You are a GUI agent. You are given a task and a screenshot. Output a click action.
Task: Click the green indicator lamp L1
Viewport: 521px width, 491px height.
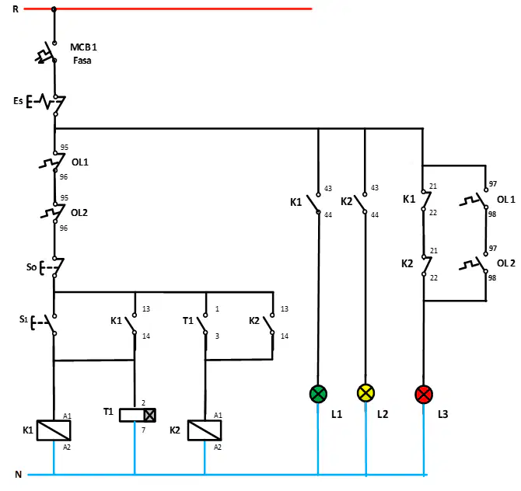tap(318, 394)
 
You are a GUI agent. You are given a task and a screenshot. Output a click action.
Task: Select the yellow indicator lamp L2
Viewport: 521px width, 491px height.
tap(365, 393)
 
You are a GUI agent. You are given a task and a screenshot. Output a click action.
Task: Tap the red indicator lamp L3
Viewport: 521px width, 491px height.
tap(424, 395)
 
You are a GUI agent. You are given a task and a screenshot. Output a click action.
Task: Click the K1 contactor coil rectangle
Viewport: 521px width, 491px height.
tap(54, 430)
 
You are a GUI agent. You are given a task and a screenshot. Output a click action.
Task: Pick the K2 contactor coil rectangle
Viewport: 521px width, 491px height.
tap(205, 430)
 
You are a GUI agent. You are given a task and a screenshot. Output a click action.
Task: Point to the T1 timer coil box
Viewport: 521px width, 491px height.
tap(137, 415)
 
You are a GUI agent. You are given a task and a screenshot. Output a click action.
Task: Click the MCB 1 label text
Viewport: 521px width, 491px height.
tap(83, 47)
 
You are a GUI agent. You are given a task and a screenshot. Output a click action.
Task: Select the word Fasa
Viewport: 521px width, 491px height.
tap(82, 61)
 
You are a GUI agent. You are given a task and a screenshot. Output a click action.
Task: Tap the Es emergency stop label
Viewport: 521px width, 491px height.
tap(18, 100)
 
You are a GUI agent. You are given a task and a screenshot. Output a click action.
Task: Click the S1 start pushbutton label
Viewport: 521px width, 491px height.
tap(23, 319)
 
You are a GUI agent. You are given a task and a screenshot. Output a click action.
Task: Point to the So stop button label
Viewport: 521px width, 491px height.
tap(31, 267)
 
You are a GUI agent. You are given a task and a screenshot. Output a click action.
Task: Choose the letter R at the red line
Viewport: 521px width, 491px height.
tap(16, 9)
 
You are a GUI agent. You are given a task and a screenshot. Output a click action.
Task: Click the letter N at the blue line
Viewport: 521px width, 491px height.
tap(19, 475)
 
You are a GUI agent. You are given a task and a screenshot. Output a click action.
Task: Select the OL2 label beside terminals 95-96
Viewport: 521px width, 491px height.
tap(79, 212)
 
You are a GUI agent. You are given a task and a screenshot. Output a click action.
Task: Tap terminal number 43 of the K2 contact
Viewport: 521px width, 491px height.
tap(375, 187)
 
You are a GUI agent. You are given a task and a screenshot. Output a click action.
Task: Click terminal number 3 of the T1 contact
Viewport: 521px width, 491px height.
tap(217, 336)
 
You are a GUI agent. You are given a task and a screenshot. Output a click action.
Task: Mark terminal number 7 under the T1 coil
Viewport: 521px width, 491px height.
tap(143, 430)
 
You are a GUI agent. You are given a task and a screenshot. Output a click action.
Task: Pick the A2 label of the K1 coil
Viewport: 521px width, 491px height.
tap(67, 447)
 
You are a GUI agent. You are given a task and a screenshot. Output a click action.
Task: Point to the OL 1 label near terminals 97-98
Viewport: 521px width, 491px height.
tap(505, 200)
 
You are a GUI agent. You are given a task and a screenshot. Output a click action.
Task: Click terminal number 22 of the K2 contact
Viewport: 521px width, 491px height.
tap(434, 277)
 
